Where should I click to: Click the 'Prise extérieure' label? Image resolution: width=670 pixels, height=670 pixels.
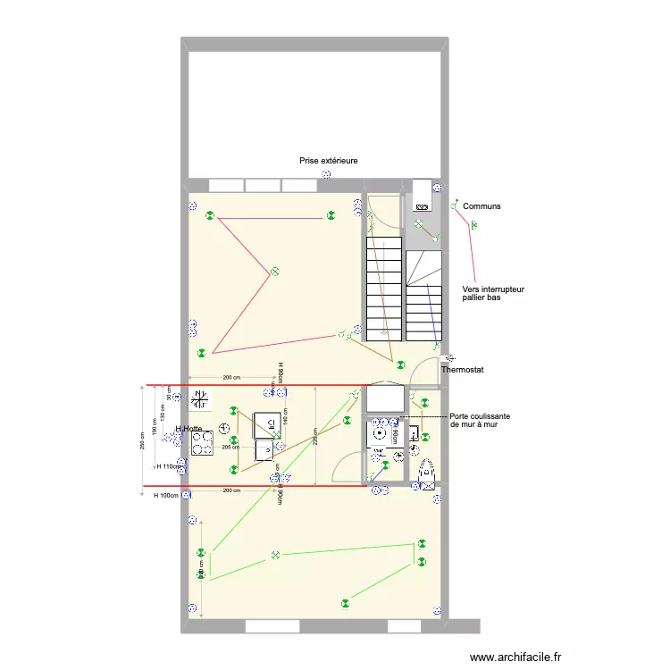point(329,161)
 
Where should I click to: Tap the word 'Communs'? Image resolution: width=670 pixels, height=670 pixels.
point(482,206)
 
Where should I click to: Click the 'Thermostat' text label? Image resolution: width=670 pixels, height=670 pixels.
point(462,369)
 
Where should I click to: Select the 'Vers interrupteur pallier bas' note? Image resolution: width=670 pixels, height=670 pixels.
point(493,294)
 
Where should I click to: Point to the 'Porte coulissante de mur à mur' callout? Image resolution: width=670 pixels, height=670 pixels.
point(480,421)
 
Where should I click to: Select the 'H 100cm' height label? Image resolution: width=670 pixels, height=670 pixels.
point(167,495)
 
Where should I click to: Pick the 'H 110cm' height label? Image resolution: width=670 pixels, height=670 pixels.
point(168,466)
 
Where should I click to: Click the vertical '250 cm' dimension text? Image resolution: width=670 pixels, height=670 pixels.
point(142,441)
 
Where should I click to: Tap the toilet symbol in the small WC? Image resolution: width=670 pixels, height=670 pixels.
point(426,471)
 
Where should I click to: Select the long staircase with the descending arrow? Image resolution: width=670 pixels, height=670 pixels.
point(383,288)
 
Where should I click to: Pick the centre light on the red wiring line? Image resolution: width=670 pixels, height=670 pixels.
point(275,271)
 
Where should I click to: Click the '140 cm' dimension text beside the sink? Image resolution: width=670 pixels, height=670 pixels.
point(286,414)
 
